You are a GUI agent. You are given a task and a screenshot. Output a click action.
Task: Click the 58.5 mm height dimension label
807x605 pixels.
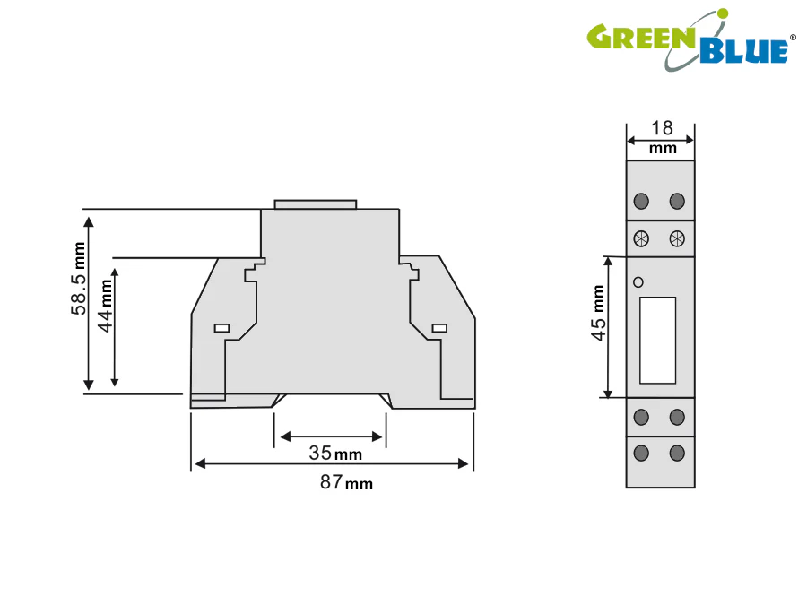click(x=78, y=279)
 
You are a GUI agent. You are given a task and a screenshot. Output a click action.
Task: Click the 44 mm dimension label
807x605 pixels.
click(x=105, y=306)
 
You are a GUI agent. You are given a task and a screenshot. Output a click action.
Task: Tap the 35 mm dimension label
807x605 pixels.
click(x=335, y=454)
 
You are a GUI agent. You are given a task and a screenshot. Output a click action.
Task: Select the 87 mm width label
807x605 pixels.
click(x=346, y=482)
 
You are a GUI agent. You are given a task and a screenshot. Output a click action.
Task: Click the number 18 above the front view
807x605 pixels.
click(x=662, y=128)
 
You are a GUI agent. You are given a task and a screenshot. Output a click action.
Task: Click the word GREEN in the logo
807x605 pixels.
click(x=641, y=37)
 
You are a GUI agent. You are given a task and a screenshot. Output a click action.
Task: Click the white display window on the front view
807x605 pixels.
click(x=658, y=340)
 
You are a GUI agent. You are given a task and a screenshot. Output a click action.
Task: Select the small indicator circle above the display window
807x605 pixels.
click(x=638, y=282)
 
